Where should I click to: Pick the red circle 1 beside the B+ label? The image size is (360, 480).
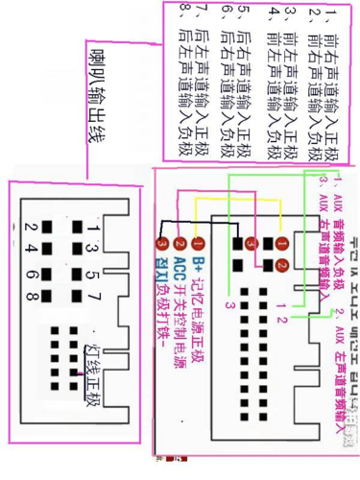pos(199,244)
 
